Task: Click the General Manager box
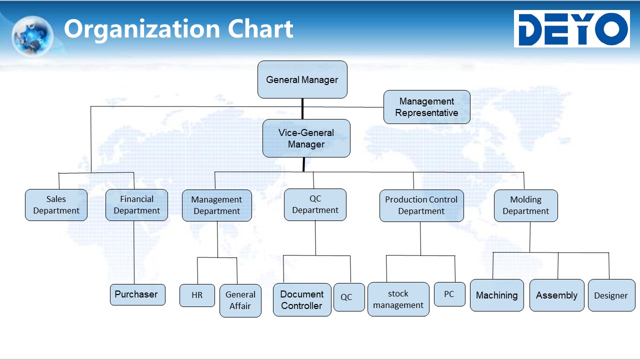pyautogui.click(x=302, y=79)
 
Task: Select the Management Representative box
pyautogui.click(x=427, y=107)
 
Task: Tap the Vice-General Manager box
pyautogui.click(x=306, y=138)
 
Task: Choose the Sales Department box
pyautogui.click(x=56, y=205)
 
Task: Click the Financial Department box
pyautogui.click(x=136, y=205)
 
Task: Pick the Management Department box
pyautogui.click(x=217, y=205)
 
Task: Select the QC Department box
pyautogui.click(x=315, y=204)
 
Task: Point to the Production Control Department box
pyautogui.click(x=421, y=205)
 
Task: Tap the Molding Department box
pyautogui.click(x=525, y=205)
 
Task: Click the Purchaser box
pyautogui.click(x=137, y=294)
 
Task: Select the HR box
pyautogui.click(x=197, y=295)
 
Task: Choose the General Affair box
pyautogui.click(x=240, y=300)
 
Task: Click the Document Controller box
pyautogui.click(x=302, y=299)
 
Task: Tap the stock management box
pyautogui.click(x=398, y=299)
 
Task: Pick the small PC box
pyautogui.click(x=449, y=294)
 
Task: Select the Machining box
pyautogui.click(x=497, y=295)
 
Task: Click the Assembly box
pyautogui.click(x=557, y=295)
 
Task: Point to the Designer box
pyautogui.click(x=611, y=295)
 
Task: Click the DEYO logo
pyautogui.click(x=571, y=28)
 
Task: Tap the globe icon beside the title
pyautogui.click(x=32, y=35)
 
